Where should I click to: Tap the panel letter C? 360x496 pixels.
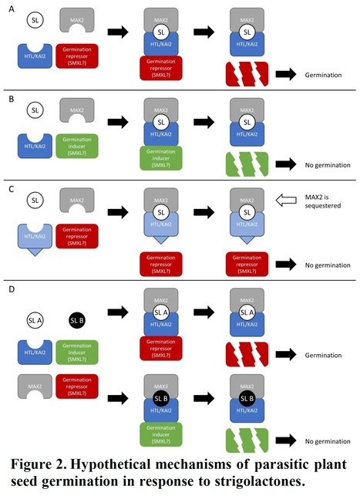point(8,189)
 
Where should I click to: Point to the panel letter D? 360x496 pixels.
point(8,291)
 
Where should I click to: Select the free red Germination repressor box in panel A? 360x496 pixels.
point(77,54)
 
